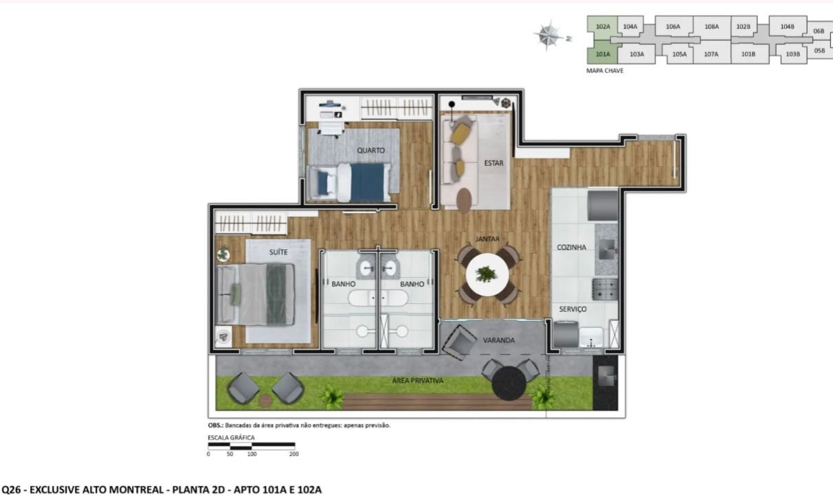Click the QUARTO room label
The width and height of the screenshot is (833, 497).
point(370,151)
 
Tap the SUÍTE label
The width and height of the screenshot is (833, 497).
point(278,252)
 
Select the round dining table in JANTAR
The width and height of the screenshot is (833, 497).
point(487,274)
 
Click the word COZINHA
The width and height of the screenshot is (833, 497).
point(572,247)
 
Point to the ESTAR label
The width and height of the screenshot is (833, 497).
point(494,163)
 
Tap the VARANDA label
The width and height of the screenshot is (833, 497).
point(499,340)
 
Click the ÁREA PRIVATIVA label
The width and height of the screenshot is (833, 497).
point(418,381)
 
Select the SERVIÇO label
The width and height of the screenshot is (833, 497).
point(573,309)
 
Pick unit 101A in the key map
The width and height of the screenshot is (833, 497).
point(603,54)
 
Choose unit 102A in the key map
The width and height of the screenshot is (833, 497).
point(603,26)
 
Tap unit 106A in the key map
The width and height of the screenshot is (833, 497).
point(673,26)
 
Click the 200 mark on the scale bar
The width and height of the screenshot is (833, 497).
point(294,454)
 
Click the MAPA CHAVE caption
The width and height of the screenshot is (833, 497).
point(605,71)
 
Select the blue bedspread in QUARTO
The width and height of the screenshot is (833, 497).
point(368,183)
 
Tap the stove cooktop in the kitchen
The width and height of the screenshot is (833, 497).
point(605,289)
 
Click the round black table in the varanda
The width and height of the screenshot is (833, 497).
point(509,383)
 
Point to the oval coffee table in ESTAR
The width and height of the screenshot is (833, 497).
point(464,201)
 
